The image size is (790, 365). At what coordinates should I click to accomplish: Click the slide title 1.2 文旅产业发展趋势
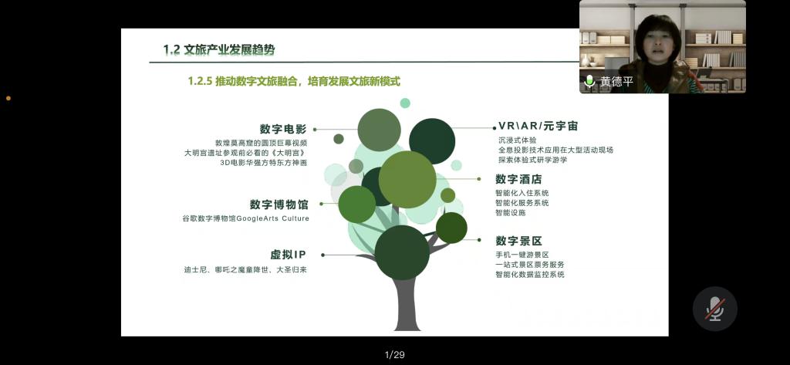(219, 50)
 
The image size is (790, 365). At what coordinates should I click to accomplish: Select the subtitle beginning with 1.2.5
(294, 81)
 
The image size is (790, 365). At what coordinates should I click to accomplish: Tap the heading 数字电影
(283, 129)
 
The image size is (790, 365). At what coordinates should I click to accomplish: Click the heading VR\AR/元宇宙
(538, 126)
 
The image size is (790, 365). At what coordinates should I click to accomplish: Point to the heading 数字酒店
(519, 179)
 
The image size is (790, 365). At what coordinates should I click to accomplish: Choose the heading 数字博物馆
(279, 204)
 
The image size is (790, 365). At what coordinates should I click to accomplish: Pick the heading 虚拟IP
(289, 255)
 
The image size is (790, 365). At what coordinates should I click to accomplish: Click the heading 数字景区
(519, 241)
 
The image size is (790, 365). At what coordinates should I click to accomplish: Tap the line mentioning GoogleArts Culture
(246, 219)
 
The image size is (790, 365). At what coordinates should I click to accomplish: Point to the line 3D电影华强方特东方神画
(264, 163)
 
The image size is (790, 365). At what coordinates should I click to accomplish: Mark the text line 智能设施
(511, 213)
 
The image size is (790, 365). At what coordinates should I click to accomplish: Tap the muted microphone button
(715, 309)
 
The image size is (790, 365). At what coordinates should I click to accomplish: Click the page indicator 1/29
(394, 355)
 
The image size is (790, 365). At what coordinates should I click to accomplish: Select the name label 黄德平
(616, 82)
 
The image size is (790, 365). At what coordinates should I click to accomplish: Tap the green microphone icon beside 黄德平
(589, 81)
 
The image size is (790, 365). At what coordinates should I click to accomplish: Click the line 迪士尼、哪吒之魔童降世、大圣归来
(245, 270)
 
